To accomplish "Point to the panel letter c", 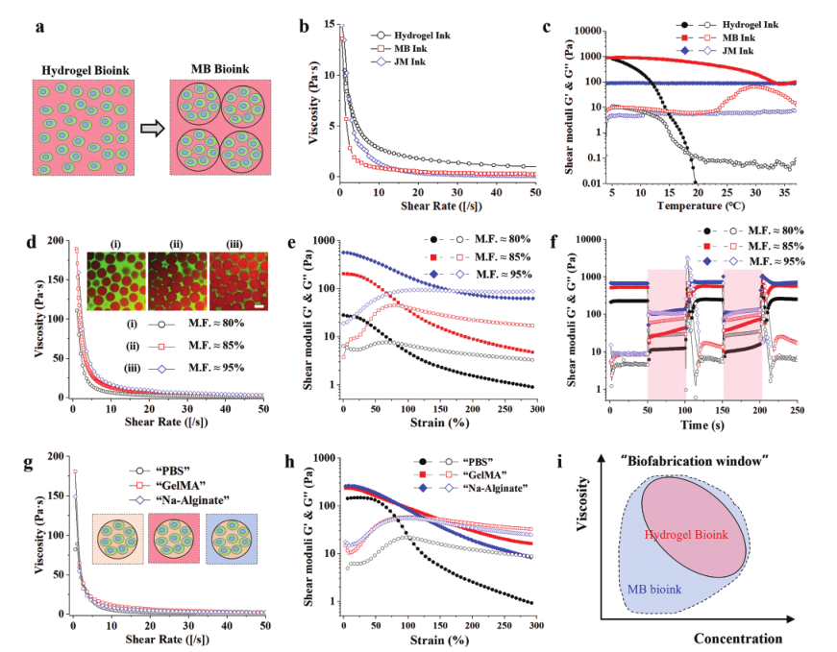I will (546, 26).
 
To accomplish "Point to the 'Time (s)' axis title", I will (703, 422).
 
